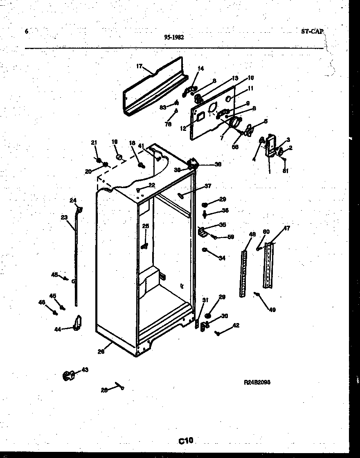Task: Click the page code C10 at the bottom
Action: pyautogui.click(x=185, y=440)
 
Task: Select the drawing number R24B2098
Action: pyautogui.click(x=256, y=382)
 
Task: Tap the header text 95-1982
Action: pyautogui.click(x=174, y=37)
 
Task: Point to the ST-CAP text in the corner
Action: pyautogui.click(x=312, y=31)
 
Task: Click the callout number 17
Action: pyautogui.click(x=139, y=66)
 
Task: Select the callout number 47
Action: pyautogui.click(x=287, y=228)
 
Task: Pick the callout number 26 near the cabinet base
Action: pyautogui.click(x=101, y=351)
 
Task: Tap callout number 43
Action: pyautogui.click(x=85, y=370)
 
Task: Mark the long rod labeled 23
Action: pyautogui.click(x=75, y=262)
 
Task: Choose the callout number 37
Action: pyautogui.click(x=208, y=186)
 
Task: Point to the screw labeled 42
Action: pyautogui.click(x=218, y=333)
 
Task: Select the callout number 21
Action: pyautogui.click(x=94, y=142)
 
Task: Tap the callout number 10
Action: pyautogui.click(x=250, y=78)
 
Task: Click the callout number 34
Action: pyautogui.click(x=222, y=258)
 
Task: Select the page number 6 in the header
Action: pyautogui.click(x=27, y=31)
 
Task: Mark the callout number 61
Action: pyautogui.click(x=286, y=171)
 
